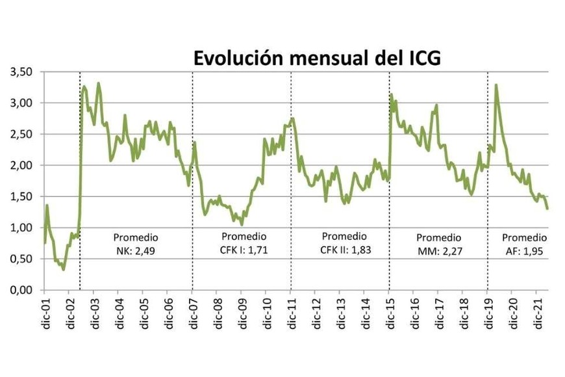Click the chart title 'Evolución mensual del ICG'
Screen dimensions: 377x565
coord(318,58)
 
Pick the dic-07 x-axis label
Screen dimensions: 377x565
coord(193,315)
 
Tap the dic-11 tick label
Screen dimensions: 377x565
coord(291,315)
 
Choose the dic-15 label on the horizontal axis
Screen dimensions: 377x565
coord(389,315)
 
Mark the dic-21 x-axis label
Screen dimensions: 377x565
coord(536,315)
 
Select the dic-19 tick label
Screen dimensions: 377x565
coord(487,315)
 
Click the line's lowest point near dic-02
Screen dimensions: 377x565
coord(63,269)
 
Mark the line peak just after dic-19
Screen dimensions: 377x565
coord(496,85)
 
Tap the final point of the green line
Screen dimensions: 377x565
coord(547,209)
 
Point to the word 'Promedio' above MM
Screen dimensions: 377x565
coord(439,237)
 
